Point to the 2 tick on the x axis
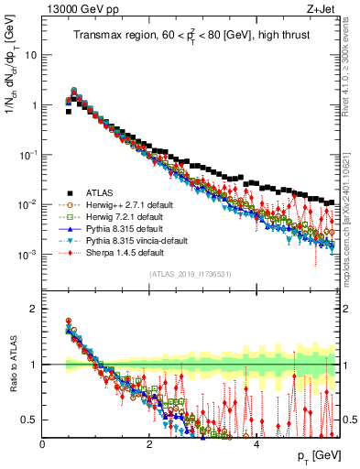150,444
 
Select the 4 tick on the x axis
257,444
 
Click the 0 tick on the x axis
43,444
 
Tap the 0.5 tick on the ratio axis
30,420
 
